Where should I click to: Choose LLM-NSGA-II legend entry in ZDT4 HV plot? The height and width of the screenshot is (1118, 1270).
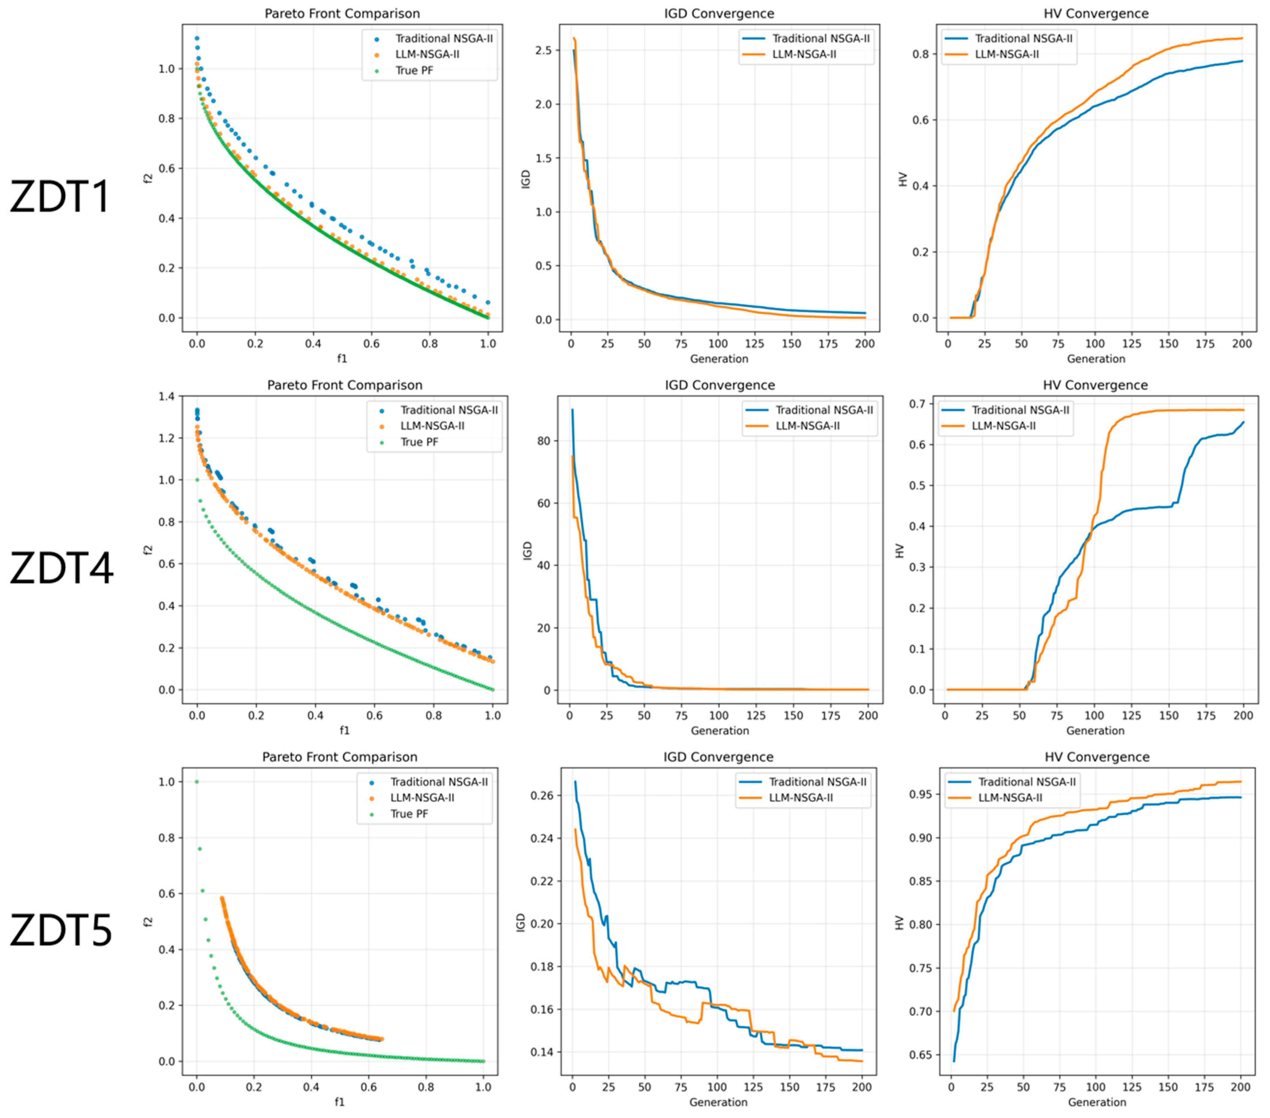coord(1003,426)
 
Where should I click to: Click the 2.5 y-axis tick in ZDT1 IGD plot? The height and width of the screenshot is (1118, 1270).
coord(543,50)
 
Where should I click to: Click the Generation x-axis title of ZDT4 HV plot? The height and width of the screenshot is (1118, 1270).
coord(1095,731)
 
